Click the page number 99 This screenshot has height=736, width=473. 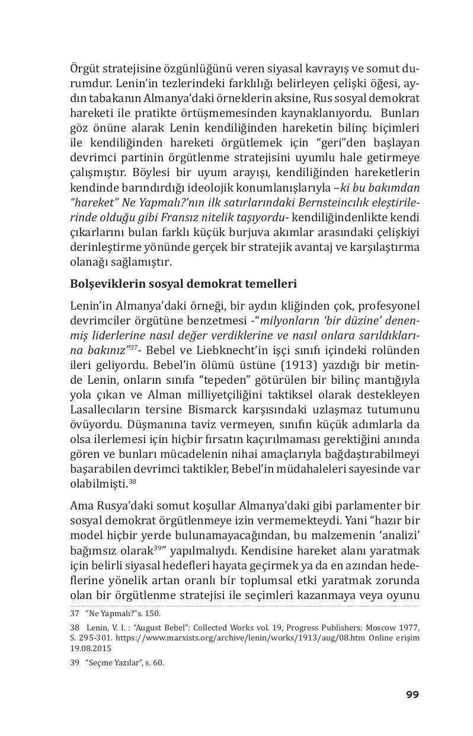tap(412, 694)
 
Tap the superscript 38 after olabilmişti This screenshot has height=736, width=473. tap(133, 481)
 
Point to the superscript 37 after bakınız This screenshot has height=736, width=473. tap(135, 348)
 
